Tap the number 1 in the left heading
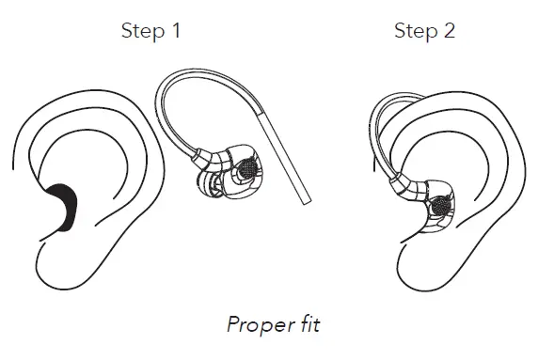tap(175, 31)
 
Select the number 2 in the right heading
tap(449, 31)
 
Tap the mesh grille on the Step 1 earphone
tap(248, 168)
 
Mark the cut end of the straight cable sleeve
tap(304, 201)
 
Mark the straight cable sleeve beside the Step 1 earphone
tap(293, 160)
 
